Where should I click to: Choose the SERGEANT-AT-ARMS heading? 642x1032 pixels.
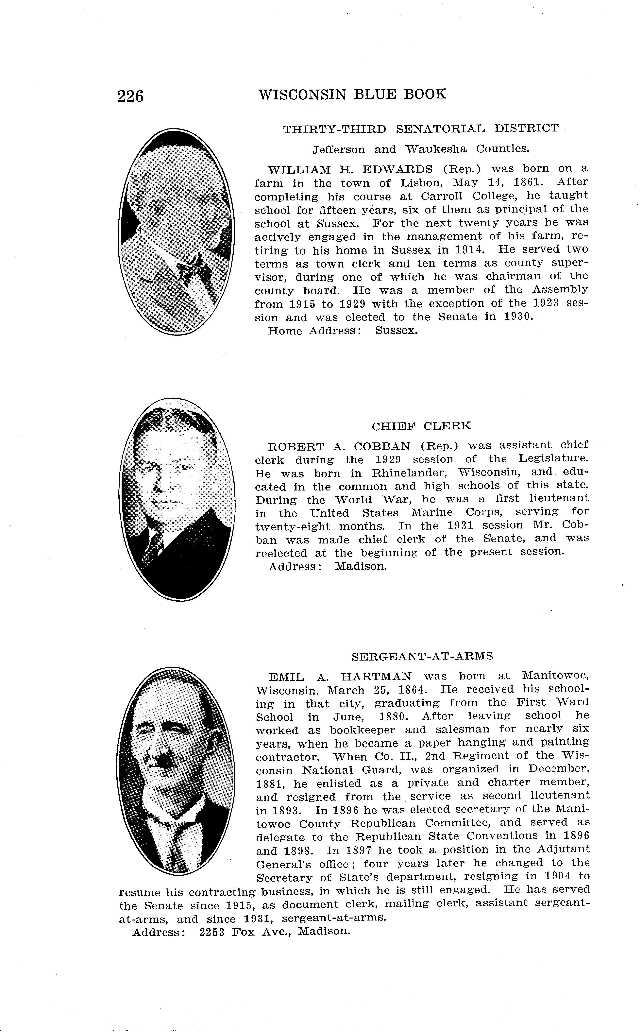422,656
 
